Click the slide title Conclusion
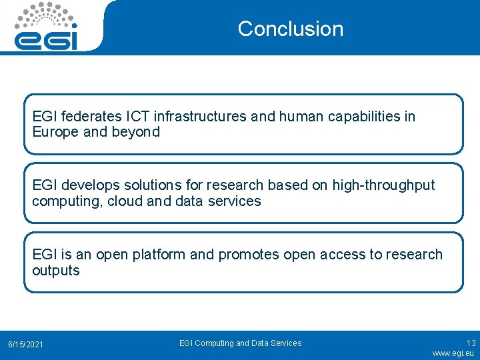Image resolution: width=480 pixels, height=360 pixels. [x=290, y=29]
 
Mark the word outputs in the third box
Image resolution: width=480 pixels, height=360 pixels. [x=56, y=271]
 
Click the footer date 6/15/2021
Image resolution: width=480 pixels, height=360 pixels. [x=25, y=344]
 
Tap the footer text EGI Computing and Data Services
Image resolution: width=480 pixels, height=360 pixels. [x=240, y=343]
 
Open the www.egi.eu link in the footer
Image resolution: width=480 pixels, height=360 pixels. [x=453, y=353]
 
